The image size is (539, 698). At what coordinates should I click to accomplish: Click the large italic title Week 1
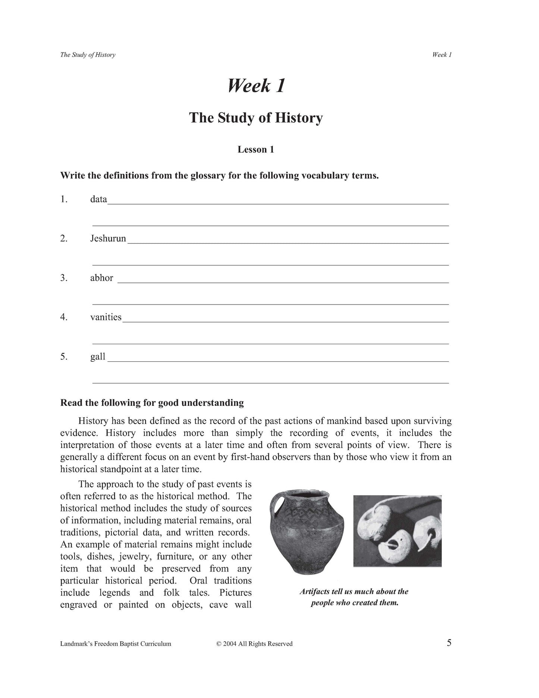pos(256,86)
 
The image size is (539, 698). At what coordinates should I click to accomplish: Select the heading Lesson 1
pos(256,150)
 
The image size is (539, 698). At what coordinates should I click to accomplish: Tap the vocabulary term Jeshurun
pos(108,239)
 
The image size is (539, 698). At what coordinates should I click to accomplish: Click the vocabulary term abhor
pos(101,278)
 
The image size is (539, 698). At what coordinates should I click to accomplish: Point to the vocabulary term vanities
pos(106,317)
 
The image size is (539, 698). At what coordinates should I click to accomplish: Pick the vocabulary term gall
pos(98,357)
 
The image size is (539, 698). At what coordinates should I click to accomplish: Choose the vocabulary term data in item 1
pos(98,199)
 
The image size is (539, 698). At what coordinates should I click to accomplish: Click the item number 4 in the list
pos(64,317)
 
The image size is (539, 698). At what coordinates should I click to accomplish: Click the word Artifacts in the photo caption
pos(314,592)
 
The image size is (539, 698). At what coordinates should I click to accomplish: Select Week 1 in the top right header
pos(442,55)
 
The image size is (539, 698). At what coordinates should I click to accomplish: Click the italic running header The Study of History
pos(88,55)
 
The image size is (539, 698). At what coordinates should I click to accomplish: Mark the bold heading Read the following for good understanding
pos(152,403)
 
